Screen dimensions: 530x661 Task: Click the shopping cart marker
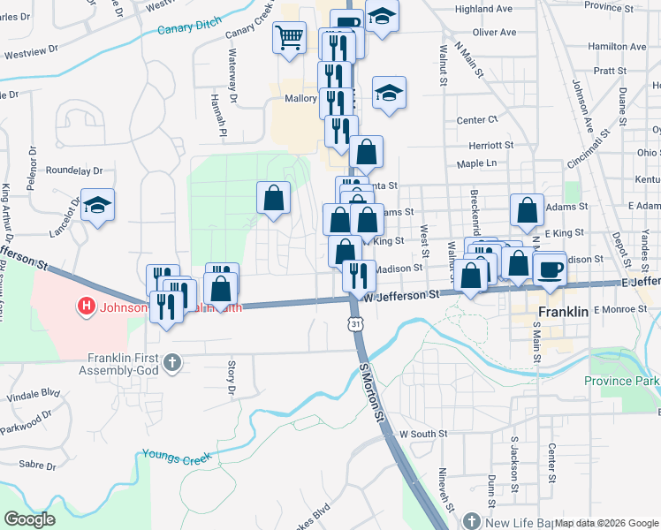289,38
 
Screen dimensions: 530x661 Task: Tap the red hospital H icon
86,307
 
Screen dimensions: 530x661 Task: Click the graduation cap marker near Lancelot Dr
98,206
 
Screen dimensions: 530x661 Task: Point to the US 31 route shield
355,324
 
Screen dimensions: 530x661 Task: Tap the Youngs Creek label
174,458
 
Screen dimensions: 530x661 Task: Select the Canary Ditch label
187,29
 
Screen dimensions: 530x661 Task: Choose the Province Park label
621,381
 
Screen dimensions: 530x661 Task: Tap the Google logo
30,519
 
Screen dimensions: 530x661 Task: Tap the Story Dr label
232,376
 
